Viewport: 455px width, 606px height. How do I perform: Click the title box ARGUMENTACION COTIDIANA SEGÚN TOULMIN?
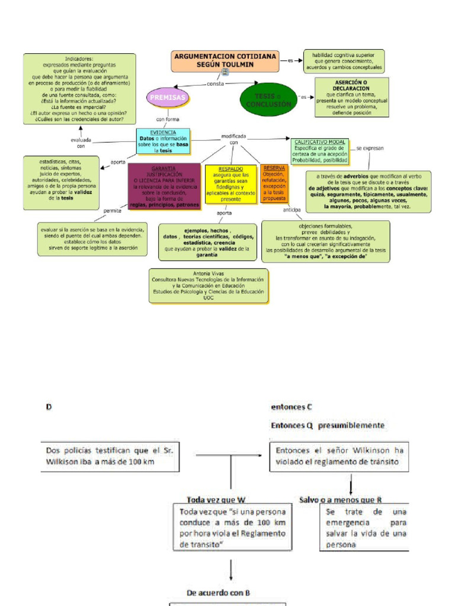[225, 60]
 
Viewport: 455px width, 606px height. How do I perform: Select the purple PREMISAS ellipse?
[168, 97]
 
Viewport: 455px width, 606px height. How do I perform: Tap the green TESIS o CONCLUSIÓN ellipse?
[268, 100]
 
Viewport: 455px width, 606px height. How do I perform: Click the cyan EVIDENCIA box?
[164, 141]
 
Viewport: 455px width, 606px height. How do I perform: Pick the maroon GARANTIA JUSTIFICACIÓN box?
[164, 183]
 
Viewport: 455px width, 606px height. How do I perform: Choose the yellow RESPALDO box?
[230, 184]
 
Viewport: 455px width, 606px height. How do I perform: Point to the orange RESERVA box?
[274, 183]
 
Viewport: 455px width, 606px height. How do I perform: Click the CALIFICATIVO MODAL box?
[320, 151]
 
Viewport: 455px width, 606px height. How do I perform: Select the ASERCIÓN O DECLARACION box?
[351, 97]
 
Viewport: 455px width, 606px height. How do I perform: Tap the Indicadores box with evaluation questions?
[79, 89]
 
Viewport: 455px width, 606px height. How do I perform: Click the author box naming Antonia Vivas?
[209, 286]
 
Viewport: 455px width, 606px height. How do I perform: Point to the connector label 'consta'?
[215, 84]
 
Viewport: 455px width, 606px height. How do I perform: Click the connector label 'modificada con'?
[233, 139]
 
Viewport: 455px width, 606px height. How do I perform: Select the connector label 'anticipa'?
[291, 210]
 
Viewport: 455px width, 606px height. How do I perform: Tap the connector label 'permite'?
[112, 210]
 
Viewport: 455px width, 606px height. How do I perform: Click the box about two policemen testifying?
[110, 456]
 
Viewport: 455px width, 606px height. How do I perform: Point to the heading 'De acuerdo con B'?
[218, 592]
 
